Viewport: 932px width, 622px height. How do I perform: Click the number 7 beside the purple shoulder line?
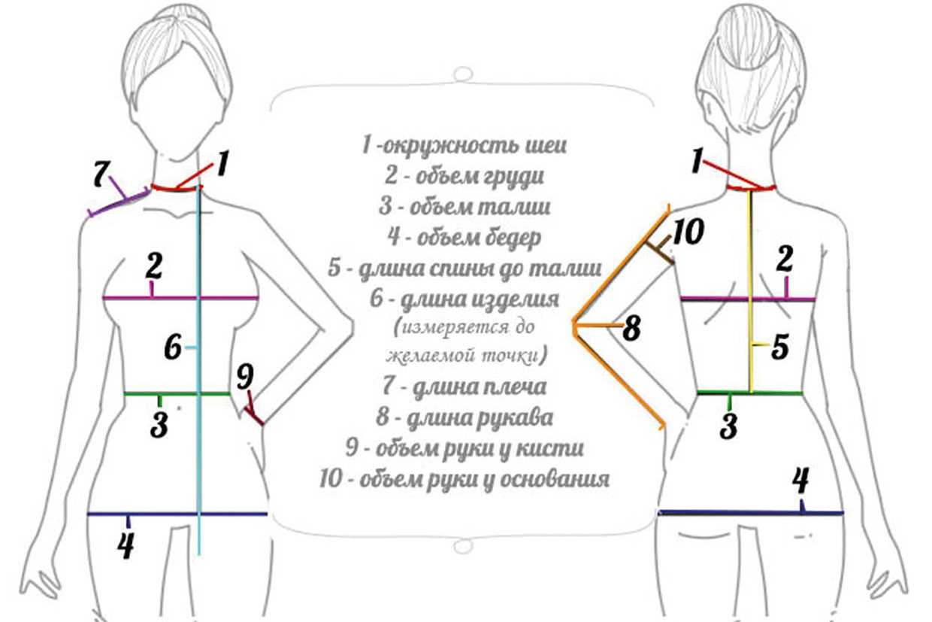pyautogui.click(x=101, y=173)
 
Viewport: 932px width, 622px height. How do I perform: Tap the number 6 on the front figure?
pyautogui.click(x=173, y=347)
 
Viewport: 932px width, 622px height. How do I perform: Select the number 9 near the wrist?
pyautogui.click(x=245, y=378)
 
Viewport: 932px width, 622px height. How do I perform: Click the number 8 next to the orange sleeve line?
pyautogui.click(x=631, y=329)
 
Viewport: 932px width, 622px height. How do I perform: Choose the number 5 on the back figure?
pyautogui.click(x=779, y=347)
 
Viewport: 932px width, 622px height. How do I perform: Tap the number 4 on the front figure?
pyautogui.click(x=126, y=545)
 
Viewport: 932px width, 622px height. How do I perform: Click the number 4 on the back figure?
pyautogui.click(x=801, y=481)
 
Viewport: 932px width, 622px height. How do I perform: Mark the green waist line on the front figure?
pyautogui.click(x=177, y=393)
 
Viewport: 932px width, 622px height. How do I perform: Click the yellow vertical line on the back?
pyautogui.click(x=751, y=291)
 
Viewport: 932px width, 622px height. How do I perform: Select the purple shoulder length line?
pyautogui.click(x=119, y=203)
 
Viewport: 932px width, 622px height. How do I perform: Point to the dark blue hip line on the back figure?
pyautogui.click(x=751, y=513)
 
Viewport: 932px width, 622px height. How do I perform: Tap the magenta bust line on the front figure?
pyautogui.click(x=180, y=298)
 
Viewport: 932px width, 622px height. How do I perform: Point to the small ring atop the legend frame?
pyautogui.click(x=463, y=75)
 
